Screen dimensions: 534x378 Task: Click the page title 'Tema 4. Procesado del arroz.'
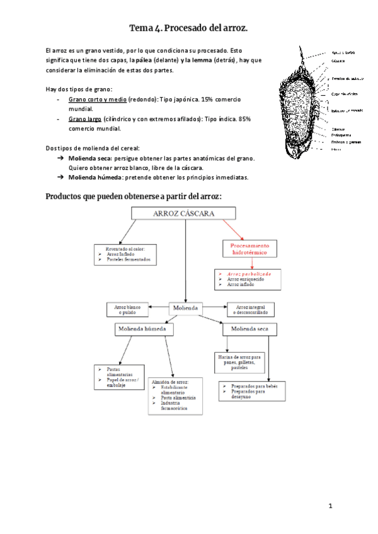coord(189,28)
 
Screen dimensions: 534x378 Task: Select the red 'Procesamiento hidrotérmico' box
coord(249,248)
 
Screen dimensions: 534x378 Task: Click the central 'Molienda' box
coord(185,308)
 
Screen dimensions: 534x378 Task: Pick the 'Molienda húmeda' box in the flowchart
coord(144,329)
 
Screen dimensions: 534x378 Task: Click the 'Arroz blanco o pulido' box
coord(127,309)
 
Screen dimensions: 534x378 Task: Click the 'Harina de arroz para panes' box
coord(240,361)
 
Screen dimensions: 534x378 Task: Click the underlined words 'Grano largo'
coord(82,118)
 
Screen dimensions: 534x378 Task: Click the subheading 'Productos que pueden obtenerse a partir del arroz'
coord(134,196)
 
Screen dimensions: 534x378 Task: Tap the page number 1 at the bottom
coord(329,506)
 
